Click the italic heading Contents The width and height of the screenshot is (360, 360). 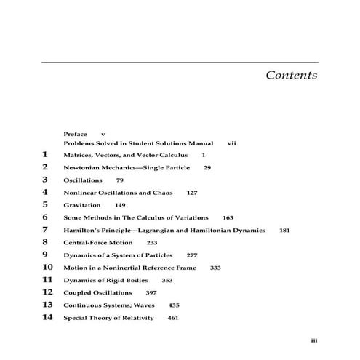pyautogui.click(x=291, y=76)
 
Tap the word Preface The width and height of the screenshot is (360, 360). pyautogui.click(x=75, y=135)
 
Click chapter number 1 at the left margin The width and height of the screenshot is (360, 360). pyautogui.click(x=45, y=155)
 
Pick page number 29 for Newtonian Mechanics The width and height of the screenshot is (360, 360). pyautogui.click(x=207, y=167)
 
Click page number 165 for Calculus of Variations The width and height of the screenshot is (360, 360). pyautogui.click(x=228, y=217)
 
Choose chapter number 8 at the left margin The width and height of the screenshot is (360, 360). pyautogui.click(x=45, y=242)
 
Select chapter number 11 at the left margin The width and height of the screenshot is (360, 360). pyautogui.click(x=48, y=280)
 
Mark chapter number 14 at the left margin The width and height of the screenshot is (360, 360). pyautogui.click(x=48, y=318)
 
